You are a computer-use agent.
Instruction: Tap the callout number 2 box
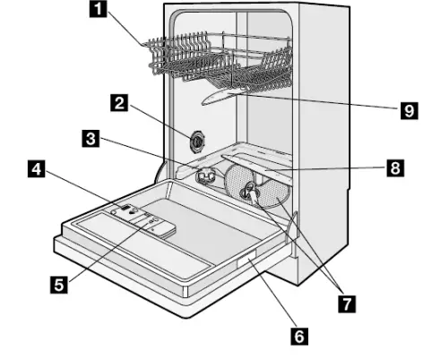pyautogui.click(x=117, y=102)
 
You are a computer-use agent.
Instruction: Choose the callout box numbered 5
pyautogui.click(x=56, y=286)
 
